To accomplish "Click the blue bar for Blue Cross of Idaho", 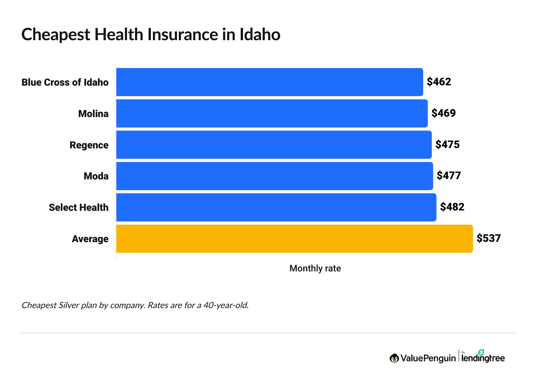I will click(269, 82).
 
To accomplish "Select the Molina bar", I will click(272, 114).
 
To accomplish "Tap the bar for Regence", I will click(274, 145).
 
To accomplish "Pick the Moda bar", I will click(274, 176).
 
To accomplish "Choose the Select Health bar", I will click(276, 207).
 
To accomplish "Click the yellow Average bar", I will click(294, 239).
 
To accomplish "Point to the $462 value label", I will click(439, 82).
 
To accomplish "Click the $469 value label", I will click(444, 113).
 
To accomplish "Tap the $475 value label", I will click(447, 145).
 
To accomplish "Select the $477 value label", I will click(449, 176).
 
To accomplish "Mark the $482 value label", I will click(452, 207).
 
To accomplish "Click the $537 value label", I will click(488, 238).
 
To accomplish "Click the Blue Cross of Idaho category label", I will click(65, 82).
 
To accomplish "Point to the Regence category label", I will click(89, 145).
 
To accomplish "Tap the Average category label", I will click(90, 239).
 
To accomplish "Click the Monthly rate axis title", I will click(315, 269).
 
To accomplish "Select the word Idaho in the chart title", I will click(260, 35).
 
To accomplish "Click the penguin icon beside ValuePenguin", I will click(394, 358).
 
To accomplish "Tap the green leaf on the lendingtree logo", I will click(481, 352).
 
